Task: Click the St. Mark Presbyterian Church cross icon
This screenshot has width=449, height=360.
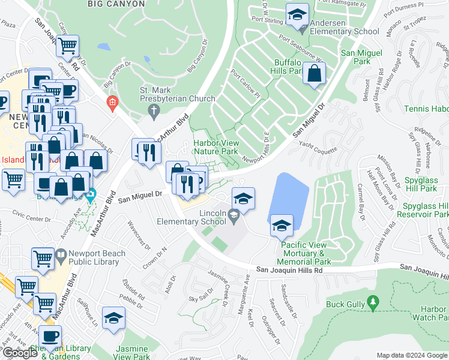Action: [154, 110]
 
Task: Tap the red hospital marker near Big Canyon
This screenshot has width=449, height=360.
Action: [111, 103]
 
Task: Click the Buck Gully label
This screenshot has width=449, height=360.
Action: [345, 304]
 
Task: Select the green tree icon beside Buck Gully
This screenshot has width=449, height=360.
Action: [373, 304]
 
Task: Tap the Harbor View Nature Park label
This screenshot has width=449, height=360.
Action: [216, 147]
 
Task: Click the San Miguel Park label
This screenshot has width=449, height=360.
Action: [361, 57]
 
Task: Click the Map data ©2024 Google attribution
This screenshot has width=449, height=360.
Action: [412, 355]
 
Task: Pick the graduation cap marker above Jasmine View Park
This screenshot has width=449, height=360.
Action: [113, 319]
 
